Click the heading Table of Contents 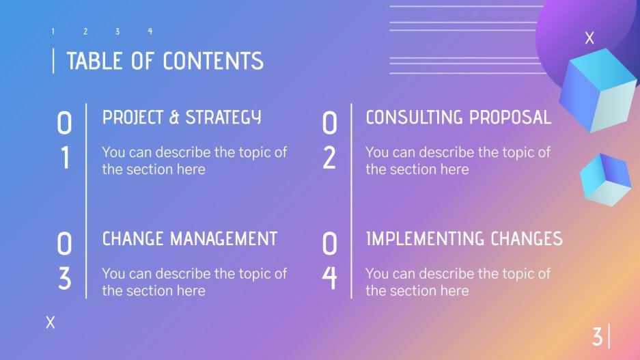point(165,61)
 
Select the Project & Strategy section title point(182,117)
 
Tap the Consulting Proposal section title point(458,117)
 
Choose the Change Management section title point(190,238)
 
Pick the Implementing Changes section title point(464,238)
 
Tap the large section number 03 point(64,261)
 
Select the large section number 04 point(329,261)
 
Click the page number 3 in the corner point(597,337)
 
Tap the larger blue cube point(597,92)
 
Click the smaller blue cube point(604,179)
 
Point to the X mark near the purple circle point(589,39)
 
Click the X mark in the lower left point(50,323)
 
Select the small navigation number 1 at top point(53,31)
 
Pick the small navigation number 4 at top point(150,31)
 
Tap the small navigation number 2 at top point(85,31)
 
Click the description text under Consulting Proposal point(458,161)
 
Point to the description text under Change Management point(195,281)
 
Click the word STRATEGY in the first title point(223,117)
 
